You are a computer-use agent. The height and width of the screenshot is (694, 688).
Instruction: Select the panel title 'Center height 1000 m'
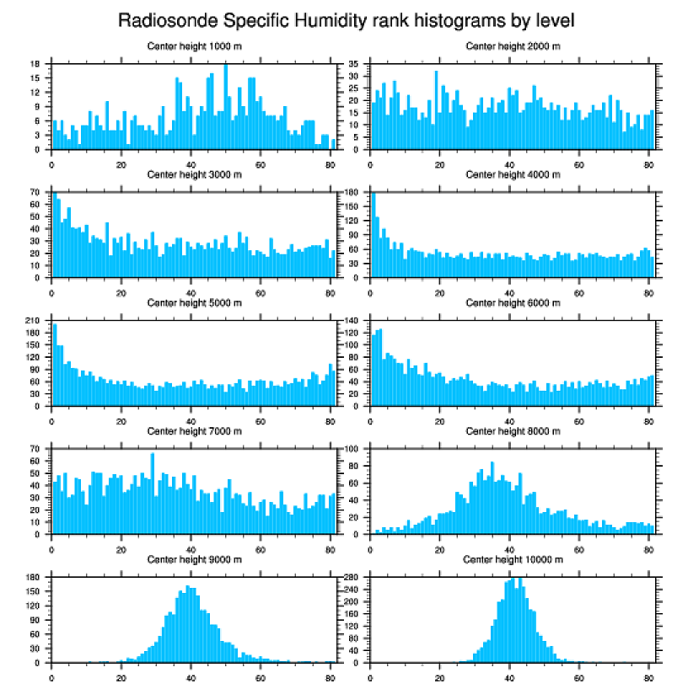(x=194, y=45)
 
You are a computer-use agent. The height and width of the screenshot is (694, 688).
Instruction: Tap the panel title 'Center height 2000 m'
(x=513, y=45)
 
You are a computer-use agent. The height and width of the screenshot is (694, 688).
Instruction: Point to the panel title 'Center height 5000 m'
(x=194, y=302)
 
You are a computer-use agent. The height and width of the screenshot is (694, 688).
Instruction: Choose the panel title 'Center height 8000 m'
(x=513, y=431)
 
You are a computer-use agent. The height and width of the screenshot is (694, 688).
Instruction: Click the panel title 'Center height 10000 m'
(x=513, y=559)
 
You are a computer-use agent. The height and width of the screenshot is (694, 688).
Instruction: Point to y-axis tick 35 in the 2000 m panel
(x=355, y=64)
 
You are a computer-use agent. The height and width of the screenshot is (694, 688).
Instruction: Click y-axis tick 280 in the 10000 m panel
(x=353, y=578)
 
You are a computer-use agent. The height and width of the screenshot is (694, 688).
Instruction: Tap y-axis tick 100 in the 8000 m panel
(x=353, y=449)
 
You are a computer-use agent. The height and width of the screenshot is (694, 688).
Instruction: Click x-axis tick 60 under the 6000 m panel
(x=579, y=419)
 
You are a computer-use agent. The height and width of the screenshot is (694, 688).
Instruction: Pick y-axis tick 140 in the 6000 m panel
(x=353, y=321)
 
